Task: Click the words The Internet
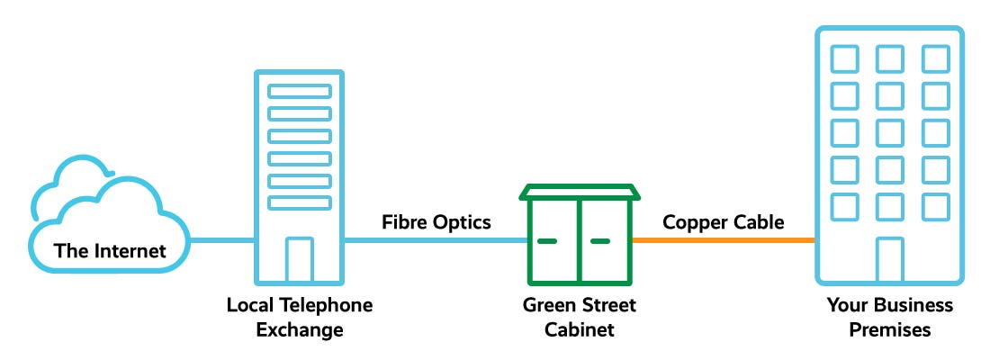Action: [111, 250]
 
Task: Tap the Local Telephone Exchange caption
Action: [300, 317]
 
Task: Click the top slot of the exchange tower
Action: [300, 91]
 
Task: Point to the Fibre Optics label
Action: [436, 221]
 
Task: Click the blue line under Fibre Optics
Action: [436, 240]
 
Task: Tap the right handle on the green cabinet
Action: [600, 241]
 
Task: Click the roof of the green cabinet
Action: [580, 192]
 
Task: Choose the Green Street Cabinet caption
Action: [580, 317]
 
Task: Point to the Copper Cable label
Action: [724, 221]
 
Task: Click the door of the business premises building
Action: [890, 260]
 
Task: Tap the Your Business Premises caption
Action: [890, 317]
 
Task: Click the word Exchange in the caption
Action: [300, 329]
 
